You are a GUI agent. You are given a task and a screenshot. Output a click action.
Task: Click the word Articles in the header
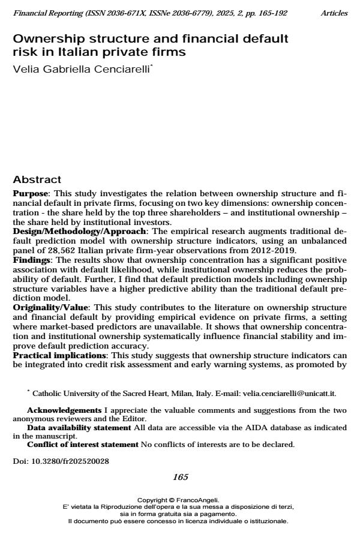point(334,13)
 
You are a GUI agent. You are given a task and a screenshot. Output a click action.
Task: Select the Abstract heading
point(37,179)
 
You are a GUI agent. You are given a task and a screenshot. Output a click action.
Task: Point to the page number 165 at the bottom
point(180,477)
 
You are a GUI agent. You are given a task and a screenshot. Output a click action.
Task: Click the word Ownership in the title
point(46,38)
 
